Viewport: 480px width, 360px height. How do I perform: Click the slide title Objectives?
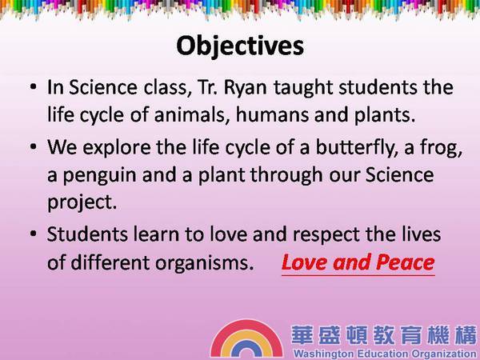(240, 46)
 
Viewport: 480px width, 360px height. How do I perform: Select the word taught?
(302, 88)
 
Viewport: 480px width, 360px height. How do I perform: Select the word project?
(82, 203)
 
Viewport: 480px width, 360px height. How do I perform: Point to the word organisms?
(205, 263)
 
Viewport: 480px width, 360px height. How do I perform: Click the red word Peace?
(405, 262)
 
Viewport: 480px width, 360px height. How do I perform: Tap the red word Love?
(304, 262)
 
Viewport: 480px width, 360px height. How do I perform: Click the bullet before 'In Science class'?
(33, 86)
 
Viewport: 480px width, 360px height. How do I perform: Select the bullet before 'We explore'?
(33, 146)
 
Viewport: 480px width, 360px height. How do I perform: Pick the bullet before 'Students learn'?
(33, 234)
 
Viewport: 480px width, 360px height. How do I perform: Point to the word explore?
(116, 148)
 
